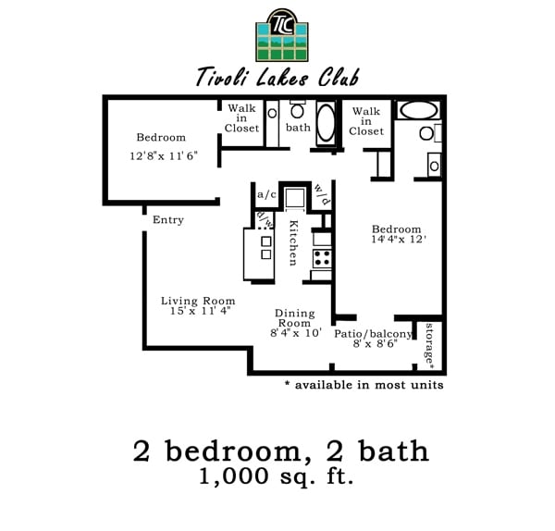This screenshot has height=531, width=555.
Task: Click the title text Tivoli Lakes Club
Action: pyautogui.click(x=277, y=77)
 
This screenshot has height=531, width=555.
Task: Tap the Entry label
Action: pyautogui.click(x=168, y=220)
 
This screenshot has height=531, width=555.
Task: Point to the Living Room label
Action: pyautogui.click(x=198, y=301)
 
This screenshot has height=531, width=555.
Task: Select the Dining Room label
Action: pyautogui.click(x=294, y=318)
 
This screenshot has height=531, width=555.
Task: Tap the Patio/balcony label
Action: pyautogui.click(x=373, y=334)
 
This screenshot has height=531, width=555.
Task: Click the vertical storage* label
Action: pyautogui.click(x=431, y=344)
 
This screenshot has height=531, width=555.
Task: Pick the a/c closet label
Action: pyautogui.click(x=266, y=194)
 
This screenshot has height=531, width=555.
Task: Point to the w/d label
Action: pyautogui.click(x=320, y=194)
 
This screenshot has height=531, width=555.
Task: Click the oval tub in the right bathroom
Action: pyautogui.click(x=418, y=110)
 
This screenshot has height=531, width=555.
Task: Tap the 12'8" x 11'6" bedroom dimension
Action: pyautogui.click(x=162, y=156)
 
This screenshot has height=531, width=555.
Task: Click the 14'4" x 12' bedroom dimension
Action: pyautogui.click(x=397, y=240)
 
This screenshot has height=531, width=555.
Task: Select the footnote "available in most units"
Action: pyautogui.click(x=364, y=384)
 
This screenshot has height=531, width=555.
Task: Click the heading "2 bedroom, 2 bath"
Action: pyautogui.click(x=280, y=451)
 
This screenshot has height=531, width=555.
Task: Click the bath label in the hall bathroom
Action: pyautogui.click(x=298, y=128)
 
